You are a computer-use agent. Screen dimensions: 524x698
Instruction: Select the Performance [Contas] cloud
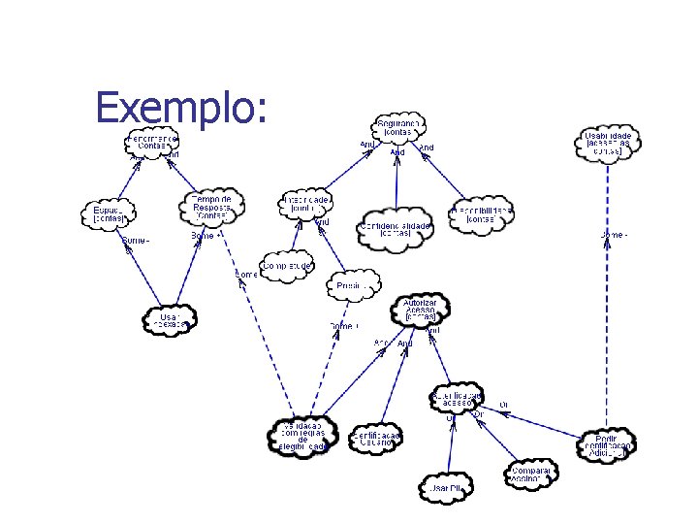pyautogui.click(x=152, y=142)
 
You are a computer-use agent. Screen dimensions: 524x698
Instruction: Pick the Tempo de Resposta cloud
pyautogui.click(x=212, y=205)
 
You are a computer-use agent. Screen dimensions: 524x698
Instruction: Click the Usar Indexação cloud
pyautogui.click(x=170, y=319)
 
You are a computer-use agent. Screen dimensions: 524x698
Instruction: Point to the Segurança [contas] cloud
pyautogui.click(x=397, y=127)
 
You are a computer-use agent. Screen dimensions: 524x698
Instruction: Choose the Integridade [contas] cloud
pyautogui.click(x=306, y=203)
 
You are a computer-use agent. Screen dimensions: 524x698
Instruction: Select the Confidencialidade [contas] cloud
pyautogui.click(x=396, y=226)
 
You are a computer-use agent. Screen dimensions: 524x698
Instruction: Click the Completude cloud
pyautogui.click(x=287, y=266)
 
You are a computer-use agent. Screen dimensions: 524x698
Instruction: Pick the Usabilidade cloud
pyautogui.click(x=608, y=144)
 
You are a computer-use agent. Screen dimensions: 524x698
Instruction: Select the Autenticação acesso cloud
pyautogui.click(x=456, y=398)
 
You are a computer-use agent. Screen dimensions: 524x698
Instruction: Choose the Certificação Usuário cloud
pyautogui.click(x=376, y=439)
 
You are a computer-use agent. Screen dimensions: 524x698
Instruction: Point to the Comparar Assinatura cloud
pyautogui.click(x=530, y=474)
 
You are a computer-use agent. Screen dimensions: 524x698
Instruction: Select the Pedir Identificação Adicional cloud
pyautogui.click(x=608, y=444)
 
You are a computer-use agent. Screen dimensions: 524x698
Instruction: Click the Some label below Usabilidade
pyautogui.click(x=614, y=234)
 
